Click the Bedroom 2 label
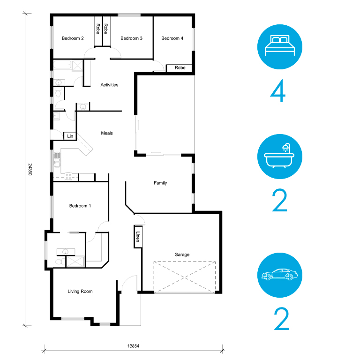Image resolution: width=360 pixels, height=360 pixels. click(x=73, y=38)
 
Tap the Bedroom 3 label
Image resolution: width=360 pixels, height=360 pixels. click(x=131, y=38)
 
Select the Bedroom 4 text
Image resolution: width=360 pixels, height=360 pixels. click(x=172, y=38)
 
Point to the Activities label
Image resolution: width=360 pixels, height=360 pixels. click(x=109, y=85)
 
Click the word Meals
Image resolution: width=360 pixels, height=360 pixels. click(x=107, y=133)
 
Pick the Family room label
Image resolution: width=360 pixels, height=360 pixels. click(x=160, y=183)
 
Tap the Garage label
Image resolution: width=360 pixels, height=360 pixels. click(x=182, y=255)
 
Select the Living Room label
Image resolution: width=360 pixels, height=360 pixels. click(x=80, y=292)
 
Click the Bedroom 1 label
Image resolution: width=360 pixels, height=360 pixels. click(x=80, y=206)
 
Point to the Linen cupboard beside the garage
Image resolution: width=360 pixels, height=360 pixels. click(x=138, y=237)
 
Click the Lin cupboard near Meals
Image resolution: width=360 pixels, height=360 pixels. click(x=70, y=136)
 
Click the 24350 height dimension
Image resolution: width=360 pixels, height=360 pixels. click(x=30, y=169)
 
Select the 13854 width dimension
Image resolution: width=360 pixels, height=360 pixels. click(x=133, y=346)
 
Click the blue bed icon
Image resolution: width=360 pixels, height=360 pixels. click(x=280, y=47)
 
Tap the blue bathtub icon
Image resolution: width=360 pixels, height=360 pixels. click(x=280, y=157)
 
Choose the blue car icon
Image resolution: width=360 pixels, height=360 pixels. click(x=280, y=275)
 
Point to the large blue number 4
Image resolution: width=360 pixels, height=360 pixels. click(x=278, y=90)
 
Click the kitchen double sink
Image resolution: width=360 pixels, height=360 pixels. click(x=57, y=159)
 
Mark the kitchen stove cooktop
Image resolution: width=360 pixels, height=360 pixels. click(x=68, y=176)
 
